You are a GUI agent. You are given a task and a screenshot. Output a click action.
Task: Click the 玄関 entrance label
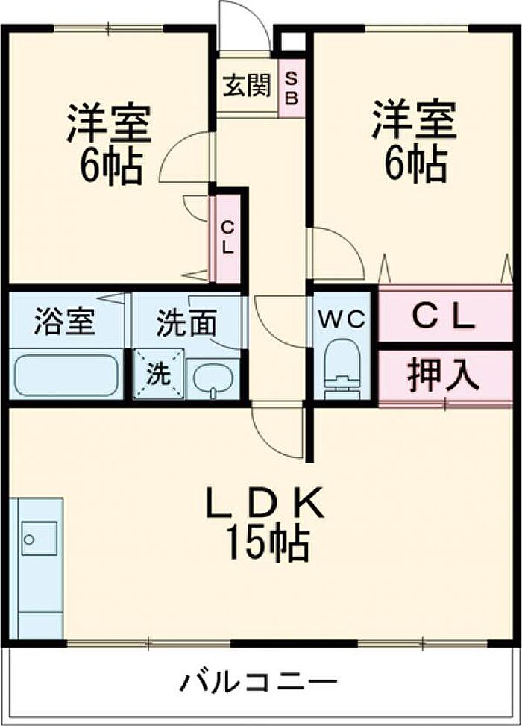click(247, 86)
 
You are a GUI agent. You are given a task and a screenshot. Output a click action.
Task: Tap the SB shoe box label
click(291, 89)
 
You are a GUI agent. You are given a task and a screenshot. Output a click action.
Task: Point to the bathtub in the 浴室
click(66, 375)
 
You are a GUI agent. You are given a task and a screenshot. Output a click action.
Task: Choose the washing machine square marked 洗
click(159, 374)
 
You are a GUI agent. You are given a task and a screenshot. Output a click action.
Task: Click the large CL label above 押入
click(444, 318)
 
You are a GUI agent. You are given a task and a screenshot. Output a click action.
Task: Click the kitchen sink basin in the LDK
click(40, 538)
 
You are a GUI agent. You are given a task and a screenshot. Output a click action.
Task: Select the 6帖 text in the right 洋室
click(416, 163)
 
